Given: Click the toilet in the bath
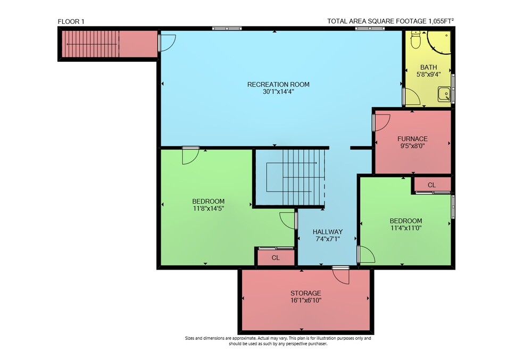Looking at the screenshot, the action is [x=415, y=40].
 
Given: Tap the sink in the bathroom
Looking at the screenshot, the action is [x=444, y=94].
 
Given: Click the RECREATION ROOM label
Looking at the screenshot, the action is [x=278, y=85].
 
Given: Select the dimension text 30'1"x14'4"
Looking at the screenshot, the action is [x=278, y=91].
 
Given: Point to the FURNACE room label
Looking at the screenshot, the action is [x=412, y=139].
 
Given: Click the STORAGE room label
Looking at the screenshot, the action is [x=305, y=293].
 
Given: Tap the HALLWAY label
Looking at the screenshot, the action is [x=327, y=232].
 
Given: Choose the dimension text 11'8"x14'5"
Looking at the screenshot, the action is [x=209, y=208].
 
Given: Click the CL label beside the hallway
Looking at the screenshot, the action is [x=276, y=258].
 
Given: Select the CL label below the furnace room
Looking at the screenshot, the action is [x=431, y=185].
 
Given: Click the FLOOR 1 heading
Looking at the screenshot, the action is [x=71, y=22].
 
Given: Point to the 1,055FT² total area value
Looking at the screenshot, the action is [x=441, y=21].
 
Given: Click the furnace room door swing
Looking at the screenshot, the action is [x=383, y=122].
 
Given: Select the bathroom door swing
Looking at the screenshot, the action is [x=412, y=97].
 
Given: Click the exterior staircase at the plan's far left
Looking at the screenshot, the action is [x=90, y=44].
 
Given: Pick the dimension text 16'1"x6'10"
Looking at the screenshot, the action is [x=305, y=300].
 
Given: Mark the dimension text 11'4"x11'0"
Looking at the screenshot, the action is [x=406, y=228].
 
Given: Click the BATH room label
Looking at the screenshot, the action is [x=428, y=67].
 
